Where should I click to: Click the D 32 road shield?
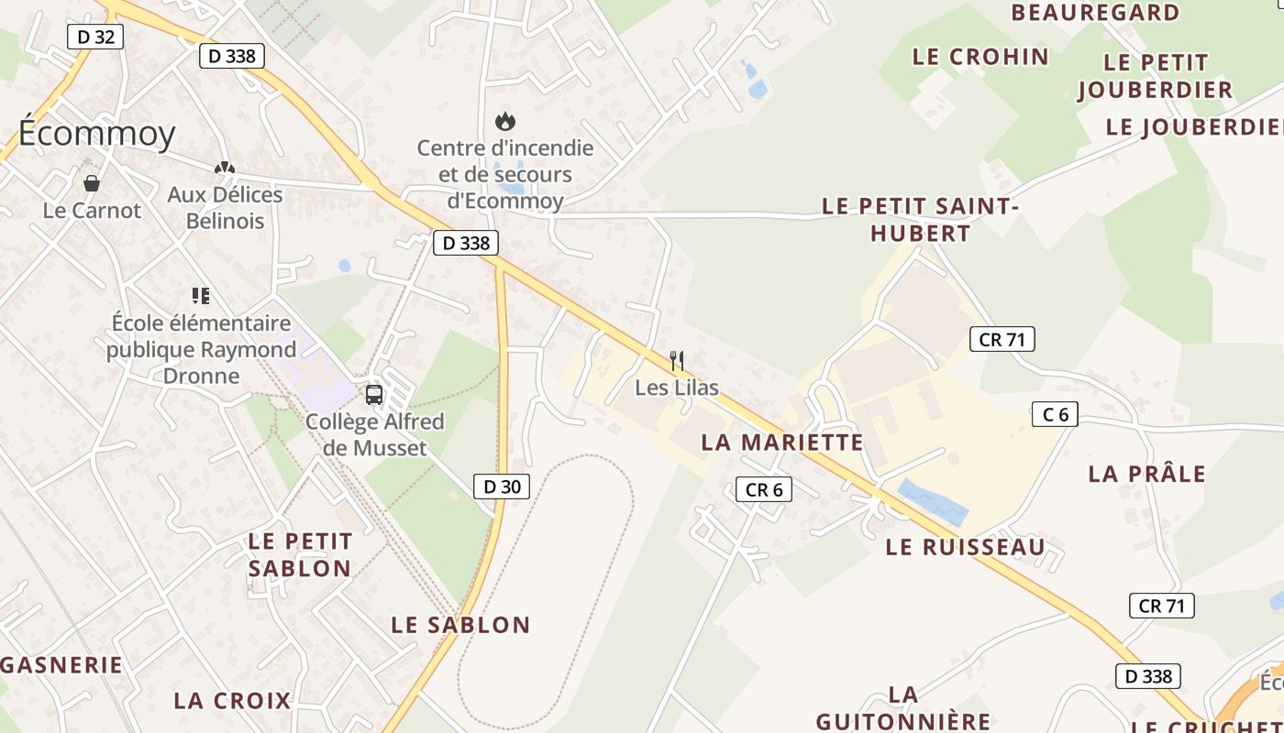pyautogui.click(x=95, y=37)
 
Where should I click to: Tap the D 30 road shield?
pyautogui.click(x=502, y=487)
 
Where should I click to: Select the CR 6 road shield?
pyautogui.click(x=764, y=489)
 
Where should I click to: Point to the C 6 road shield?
pyautogui.click(x=1055, y=414)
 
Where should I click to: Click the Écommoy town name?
pyautogui.click(x=96, y=134)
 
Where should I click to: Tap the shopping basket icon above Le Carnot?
pyautogui.click(x=92, y=183)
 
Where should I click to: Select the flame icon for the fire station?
pyautogui.click(x=504, y=120)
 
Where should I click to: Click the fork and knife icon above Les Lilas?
pyautogui.click(x=677, y=360)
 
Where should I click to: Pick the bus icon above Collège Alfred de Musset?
pyautogui.click(x=374, y=395)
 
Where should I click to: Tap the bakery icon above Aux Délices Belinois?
pyautogui.click(x=225, y=168)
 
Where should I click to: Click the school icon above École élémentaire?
pyautogui.click(x=201, y=295)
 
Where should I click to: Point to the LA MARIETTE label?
pyautogui.click(x=782, y=442)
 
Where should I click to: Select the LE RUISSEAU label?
pyautogui.click(x=965, y=547)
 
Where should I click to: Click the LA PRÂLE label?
pyautogui.click(x=1146, y=474)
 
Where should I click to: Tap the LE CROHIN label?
pyautogui.click(x=980, y=57)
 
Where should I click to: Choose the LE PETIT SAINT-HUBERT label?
pyautogui.click(x=920, y=219)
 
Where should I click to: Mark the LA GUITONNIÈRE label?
pyautogui.click(x=903, y=707)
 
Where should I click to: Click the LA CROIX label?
pyautogui.click(x=232, y=701)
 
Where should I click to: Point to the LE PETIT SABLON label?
pyautogui.click(x=300, y=554)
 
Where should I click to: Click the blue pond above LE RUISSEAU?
pyautogui.click(x=933, y=502)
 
